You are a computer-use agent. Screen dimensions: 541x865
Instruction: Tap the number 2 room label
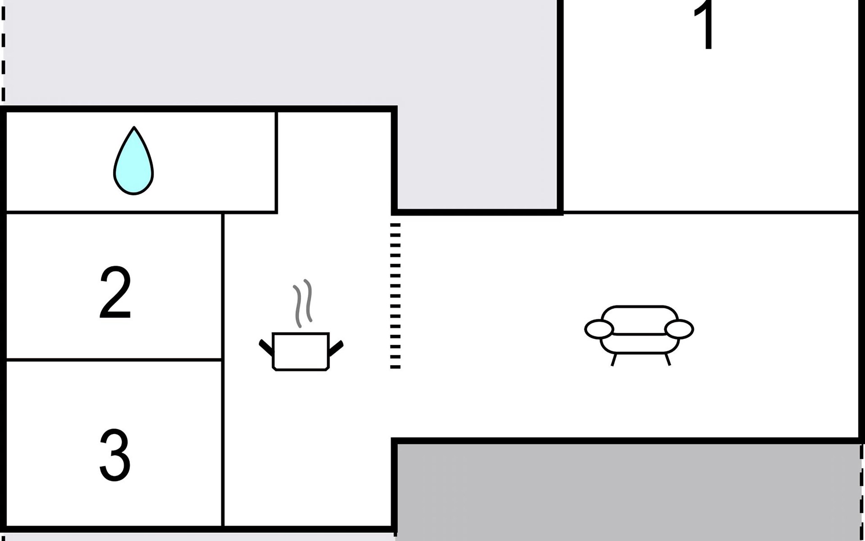[x=115, y=293]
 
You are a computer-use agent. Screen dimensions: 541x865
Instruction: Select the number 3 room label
[x=115, y=455]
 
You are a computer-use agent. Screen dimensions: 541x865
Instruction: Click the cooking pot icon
[x=301, y=352]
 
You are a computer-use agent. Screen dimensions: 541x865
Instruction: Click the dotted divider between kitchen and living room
[x=395, y=295]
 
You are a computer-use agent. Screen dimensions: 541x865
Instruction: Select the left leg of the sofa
[x=614, y=359]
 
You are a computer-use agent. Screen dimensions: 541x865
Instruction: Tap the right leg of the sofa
[x=667, y=359]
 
